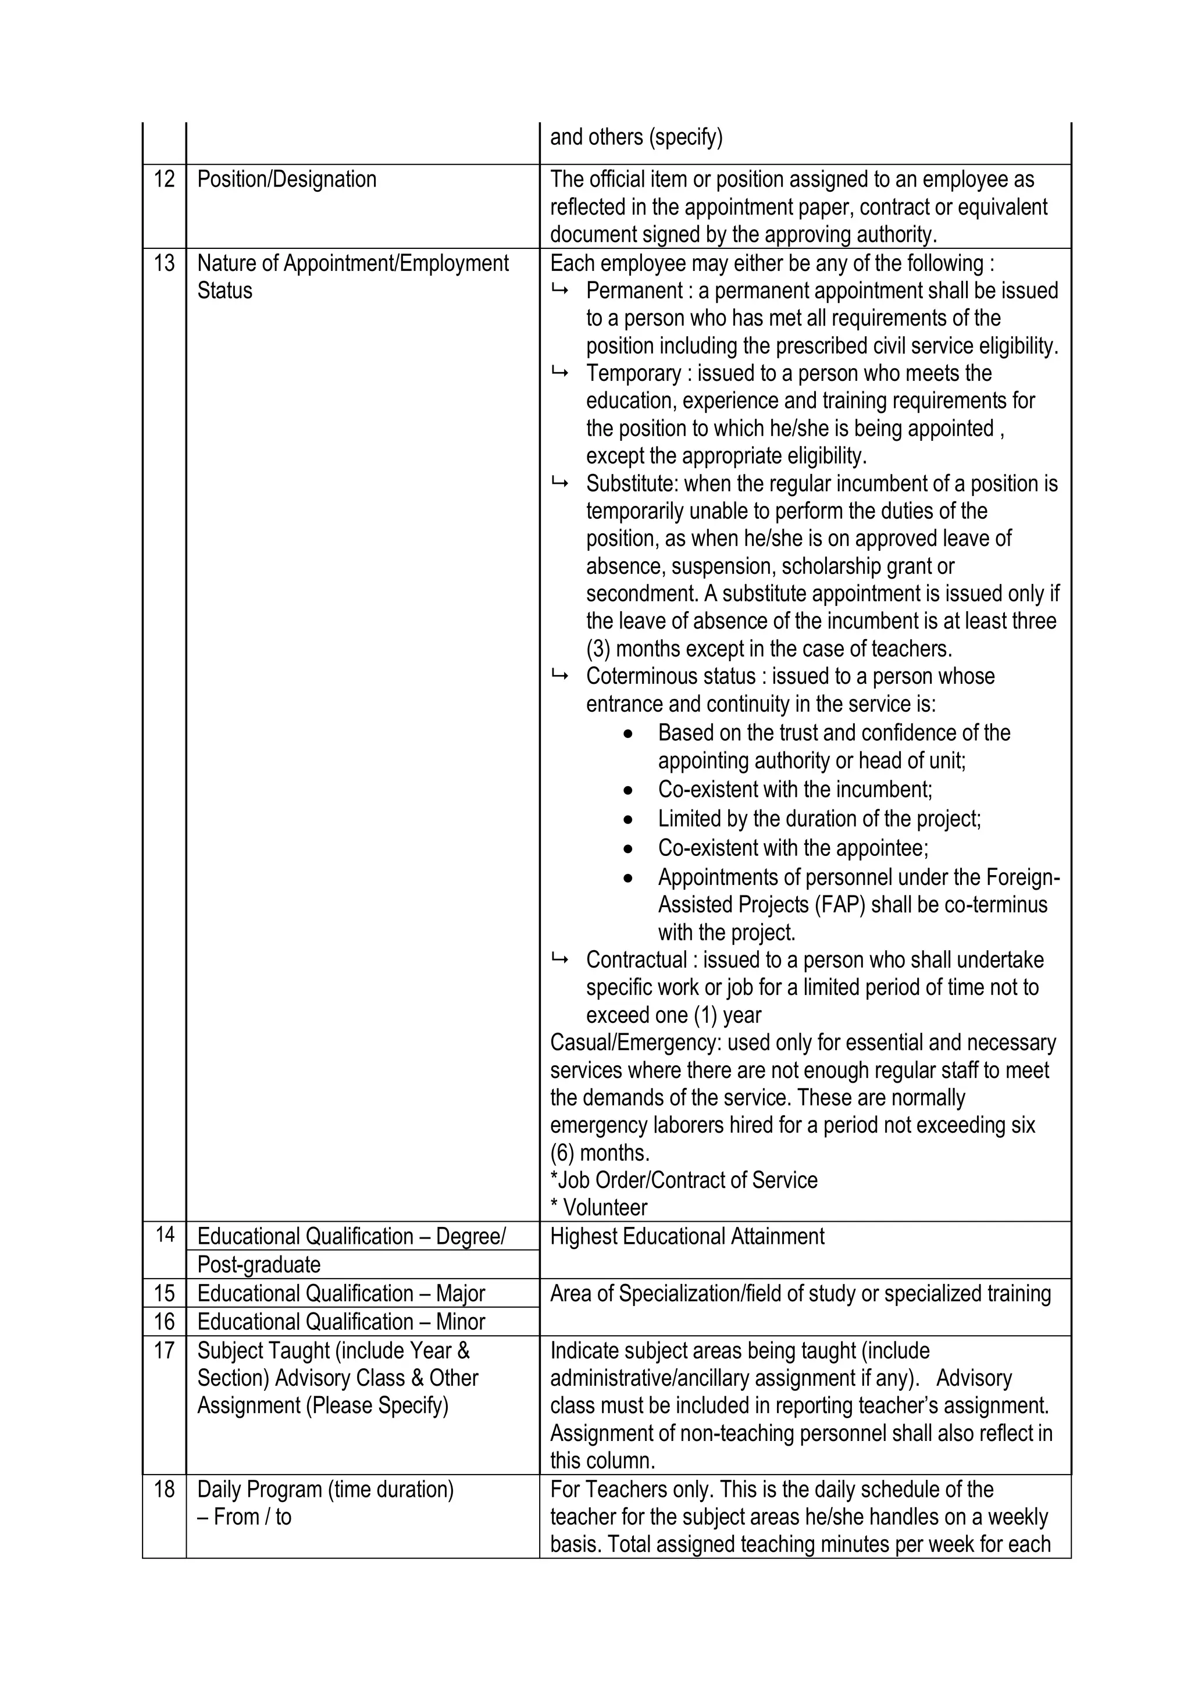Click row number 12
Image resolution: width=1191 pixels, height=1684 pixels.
[x=163, y=179]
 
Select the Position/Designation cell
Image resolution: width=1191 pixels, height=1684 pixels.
[x=287, y=179]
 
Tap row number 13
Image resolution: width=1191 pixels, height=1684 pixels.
[x=163, y=263]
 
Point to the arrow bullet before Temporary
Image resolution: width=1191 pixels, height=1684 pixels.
[x=559, y=373]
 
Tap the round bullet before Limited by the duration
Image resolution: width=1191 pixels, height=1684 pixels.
[x=627, y=819]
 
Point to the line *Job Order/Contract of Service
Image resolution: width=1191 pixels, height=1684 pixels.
[x=683, y=1180]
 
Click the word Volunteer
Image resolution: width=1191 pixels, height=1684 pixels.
[x=605, y=1207]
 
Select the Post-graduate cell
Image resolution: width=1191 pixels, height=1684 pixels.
[x=259, y=1265]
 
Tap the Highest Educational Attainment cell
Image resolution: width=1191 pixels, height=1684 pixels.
[x=687, y=1237]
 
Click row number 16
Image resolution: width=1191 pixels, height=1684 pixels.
[x=163, y=1322]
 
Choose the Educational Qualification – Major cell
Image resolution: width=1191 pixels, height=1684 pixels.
[x=341, y=1293]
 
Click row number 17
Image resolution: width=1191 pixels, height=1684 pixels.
[x=163, y=1350]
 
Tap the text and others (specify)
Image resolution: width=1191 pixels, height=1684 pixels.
[x=636, y=137]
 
